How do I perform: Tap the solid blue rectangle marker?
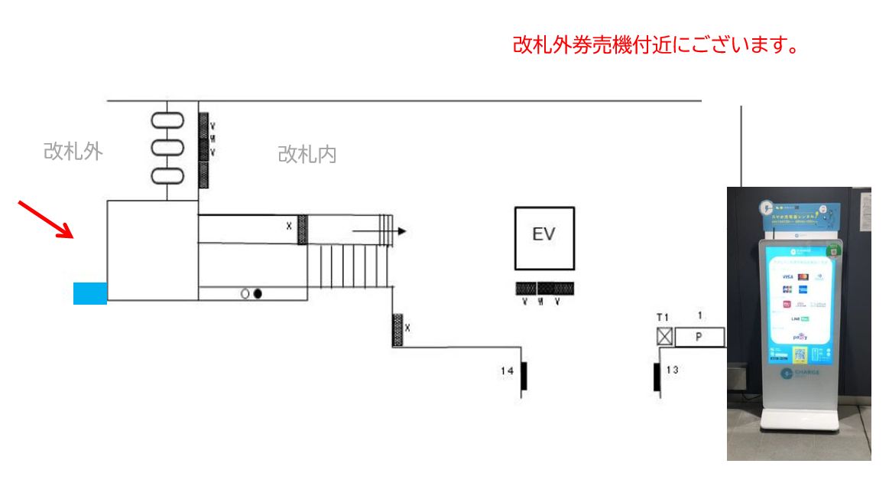(90, 293)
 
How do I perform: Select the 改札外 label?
(73, 152)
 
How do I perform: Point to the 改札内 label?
(307, 155)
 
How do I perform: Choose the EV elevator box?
(544, 238)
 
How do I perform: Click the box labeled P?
(699, 337)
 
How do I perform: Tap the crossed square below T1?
(664, 337)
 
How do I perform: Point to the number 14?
(508, 371)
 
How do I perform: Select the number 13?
(672, 371)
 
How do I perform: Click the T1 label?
(663, 317)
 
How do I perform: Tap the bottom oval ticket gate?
(167, 175)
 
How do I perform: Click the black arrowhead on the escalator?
(402, 231)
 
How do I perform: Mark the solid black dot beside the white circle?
(258, 293)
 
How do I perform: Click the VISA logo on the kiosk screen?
(787, 276)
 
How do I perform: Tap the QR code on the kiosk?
(800, 354)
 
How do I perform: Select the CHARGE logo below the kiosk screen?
(800, 374)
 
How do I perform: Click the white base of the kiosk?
(798, 422)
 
